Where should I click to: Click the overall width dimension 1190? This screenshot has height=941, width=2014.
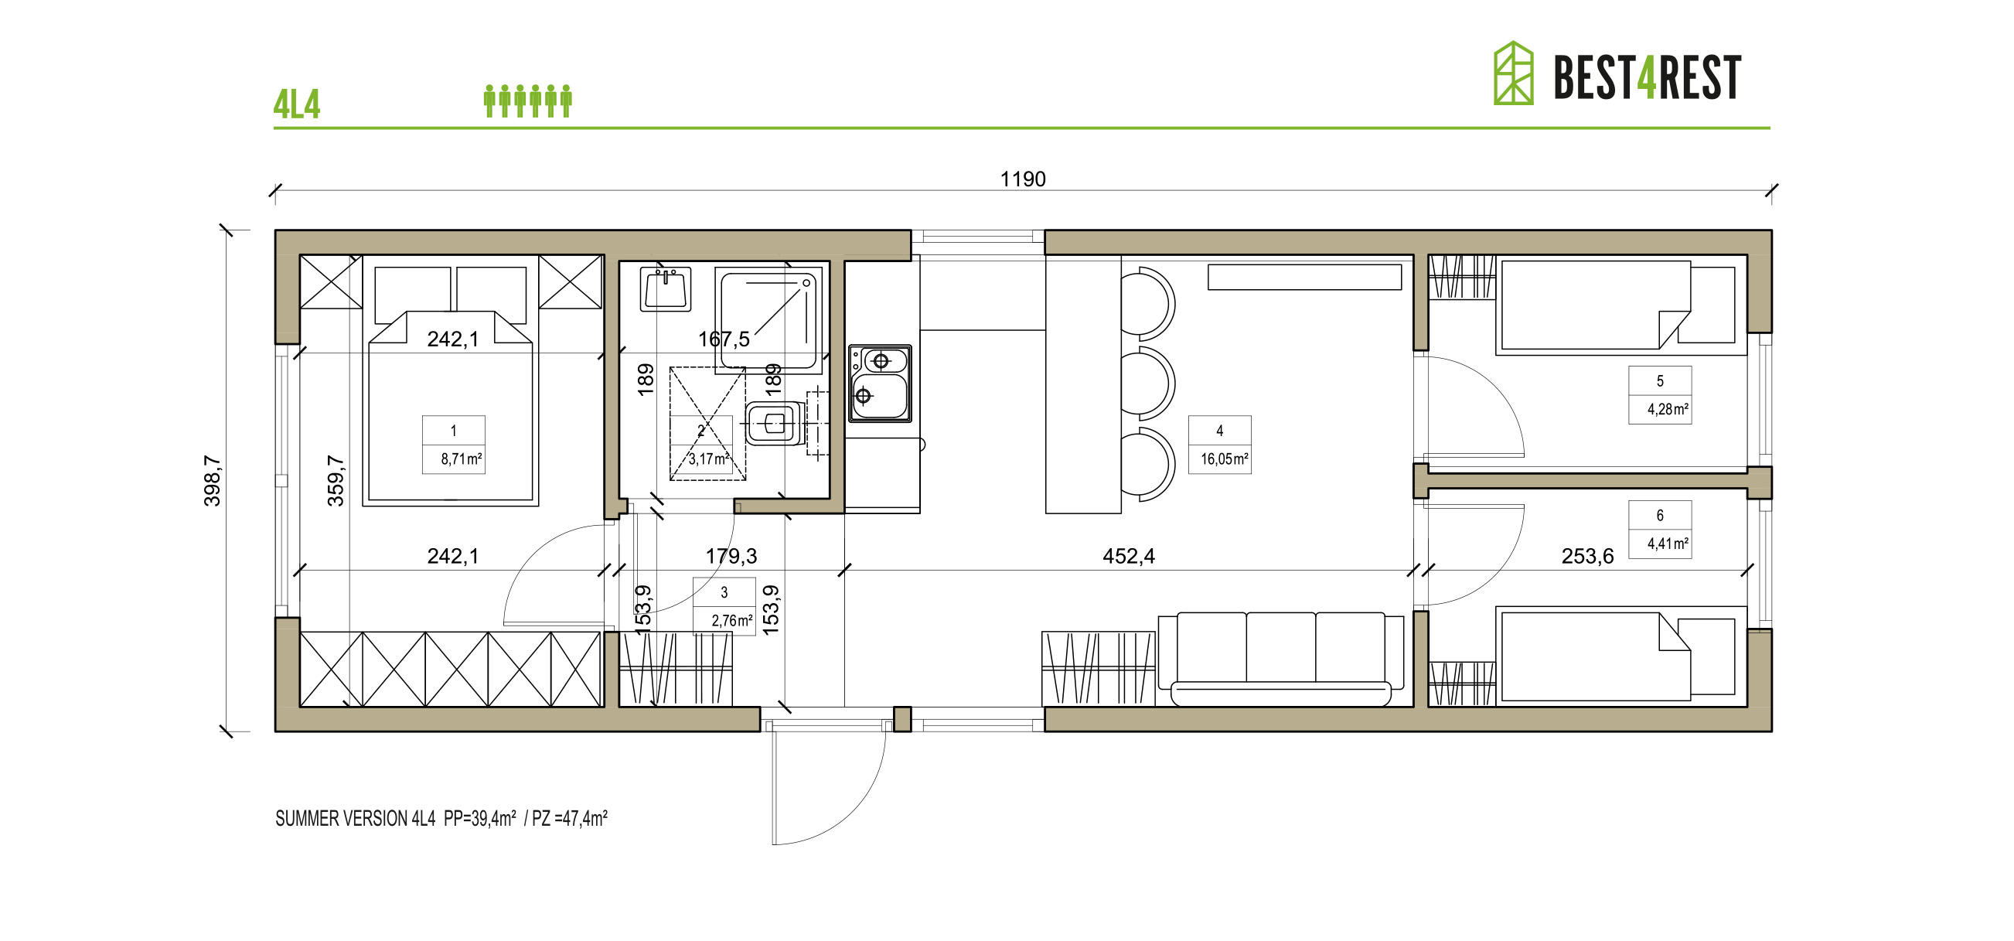[1023, 179]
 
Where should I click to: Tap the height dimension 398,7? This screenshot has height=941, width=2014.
[212, 481]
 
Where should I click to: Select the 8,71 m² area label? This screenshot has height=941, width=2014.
[462, 459]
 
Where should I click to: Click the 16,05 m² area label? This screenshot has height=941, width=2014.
[1225, 459]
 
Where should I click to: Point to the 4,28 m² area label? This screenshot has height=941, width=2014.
[1668, 409]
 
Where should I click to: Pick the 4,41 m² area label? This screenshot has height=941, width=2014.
[1668, 544]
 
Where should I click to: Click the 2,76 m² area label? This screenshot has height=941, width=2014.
[732, 621]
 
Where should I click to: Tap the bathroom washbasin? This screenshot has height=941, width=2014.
[666, 288]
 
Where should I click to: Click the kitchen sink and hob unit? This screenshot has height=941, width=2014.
[881, 384]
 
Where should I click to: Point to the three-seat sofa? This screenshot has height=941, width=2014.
[1281, 660]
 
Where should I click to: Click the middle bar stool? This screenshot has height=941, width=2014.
[1148, 384]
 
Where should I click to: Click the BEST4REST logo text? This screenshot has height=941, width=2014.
[1647, 77]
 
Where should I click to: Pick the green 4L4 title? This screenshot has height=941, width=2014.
[297, 104]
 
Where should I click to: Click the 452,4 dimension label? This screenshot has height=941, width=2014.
[1128, 556]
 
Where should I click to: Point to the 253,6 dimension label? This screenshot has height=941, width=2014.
[1587, 556]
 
